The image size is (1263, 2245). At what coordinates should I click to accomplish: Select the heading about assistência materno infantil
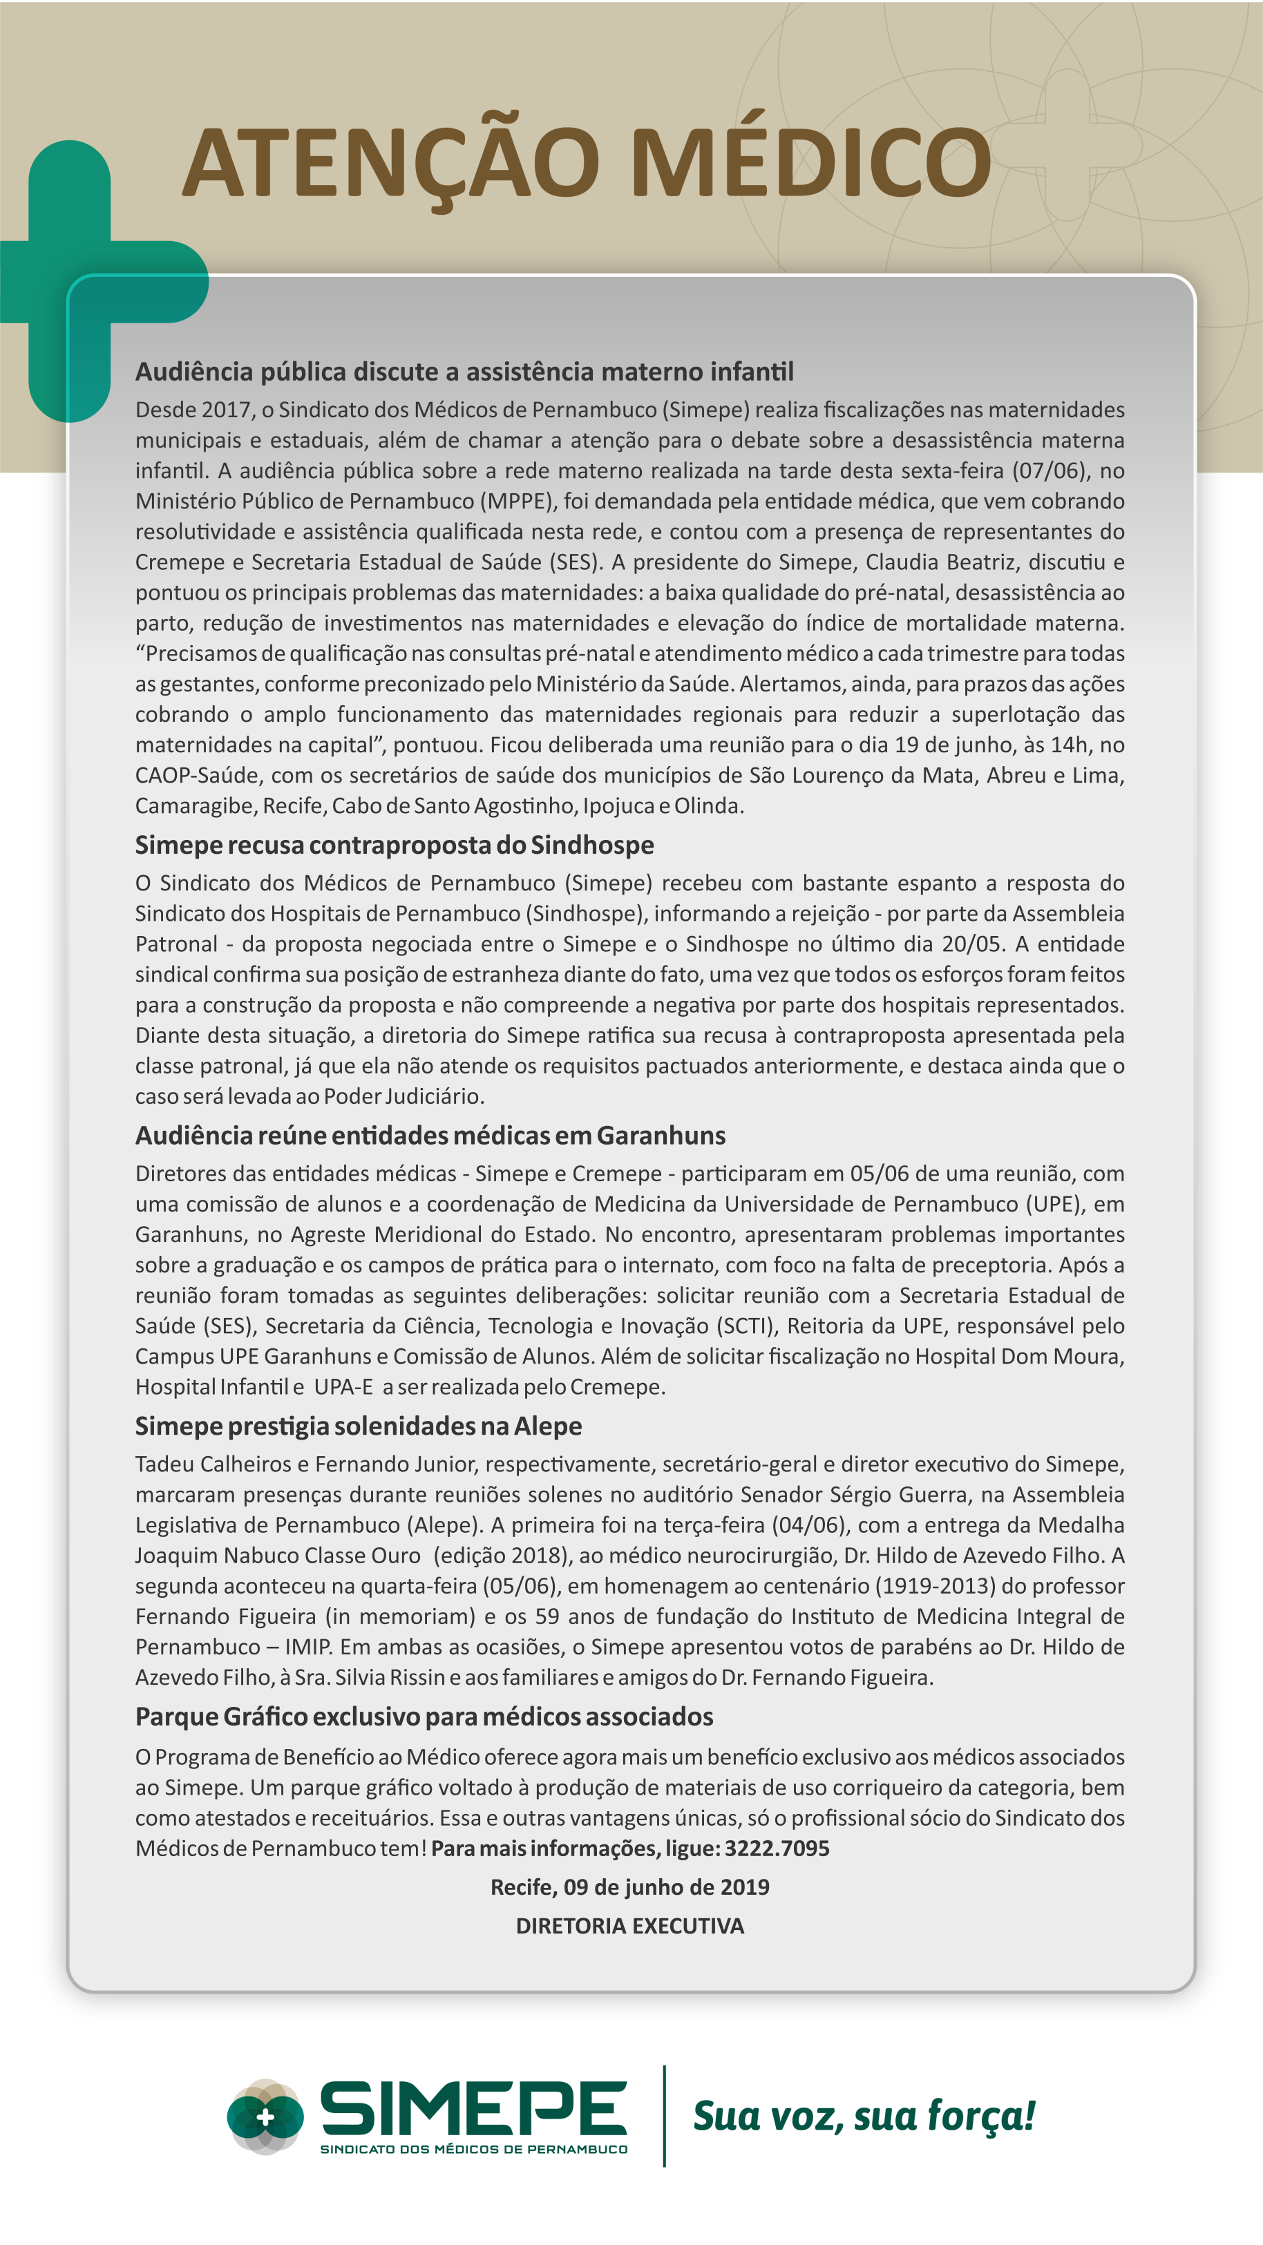464,372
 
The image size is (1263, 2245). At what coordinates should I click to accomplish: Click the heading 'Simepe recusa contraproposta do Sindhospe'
394,846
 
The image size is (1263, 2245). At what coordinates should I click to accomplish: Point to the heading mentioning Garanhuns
430,1136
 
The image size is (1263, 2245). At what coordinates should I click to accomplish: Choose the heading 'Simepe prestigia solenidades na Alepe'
359,1426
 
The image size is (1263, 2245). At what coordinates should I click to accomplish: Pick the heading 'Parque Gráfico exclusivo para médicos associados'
424,1716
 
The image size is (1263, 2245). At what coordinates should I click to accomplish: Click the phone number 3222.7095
777,1848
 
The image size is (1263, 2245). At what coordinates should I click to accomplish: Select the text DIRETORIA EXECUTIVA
629,1926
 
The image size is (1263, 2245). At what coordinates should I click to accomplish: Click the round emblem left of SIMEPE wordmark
265,2117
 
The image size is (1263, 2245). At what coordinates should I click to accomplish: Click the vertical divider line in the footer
664,2116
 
